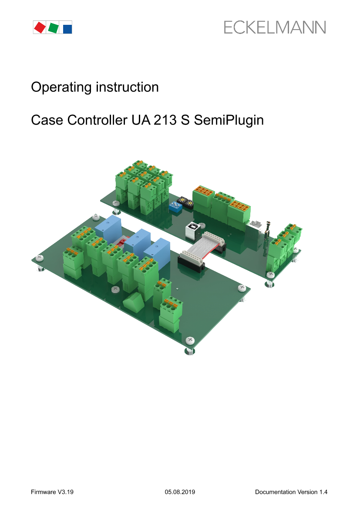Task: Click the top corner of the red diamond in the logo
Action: [x=40, y=22]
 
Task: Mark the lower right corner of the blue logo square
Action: [x=72, y=34]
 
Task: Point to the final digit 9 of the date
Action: [x=193, y=492]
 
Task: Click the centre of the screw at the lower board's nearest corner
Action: [x=190, y=340]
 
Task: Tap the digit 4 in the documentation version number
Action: [x=325, y=492]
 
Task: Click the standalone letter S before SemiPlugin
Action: [x=185, y=120]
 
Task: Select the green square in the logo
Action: [x=53, y=27]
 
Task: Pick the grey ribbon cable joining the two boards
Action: [x=202, y=247]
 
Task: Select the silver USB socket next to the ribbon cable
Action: [x=192, y=231]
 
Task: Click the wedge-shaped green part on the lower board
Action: [x=134, y=302]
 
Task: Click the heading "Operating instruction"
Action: [x=95, y=88]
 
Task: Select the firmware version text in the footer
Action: [x=52, y=492]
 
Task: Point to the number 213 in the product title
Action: [x=165, y=120]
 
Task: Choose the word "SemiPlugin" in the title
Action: [x=229, y=121]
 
